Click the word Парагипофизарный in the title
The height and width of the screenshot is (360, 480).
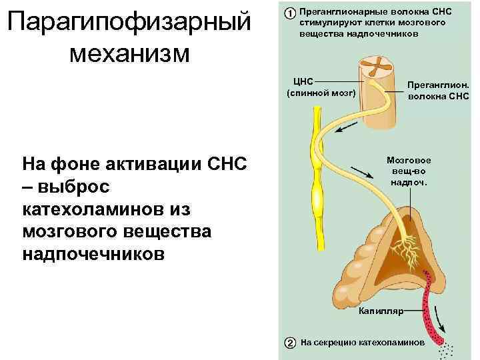(131, 22)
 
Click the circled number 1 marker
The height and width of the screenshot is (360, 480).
(290, 13)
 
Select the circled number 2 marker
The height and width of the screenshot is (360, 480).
(290, 343)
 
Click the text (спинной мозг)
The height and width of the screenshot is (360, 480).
(321, 93)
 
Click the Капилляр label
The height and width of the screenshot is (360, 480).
(381, 311)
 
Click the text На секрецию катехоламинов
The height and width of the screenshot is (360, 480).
(361, 343)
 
